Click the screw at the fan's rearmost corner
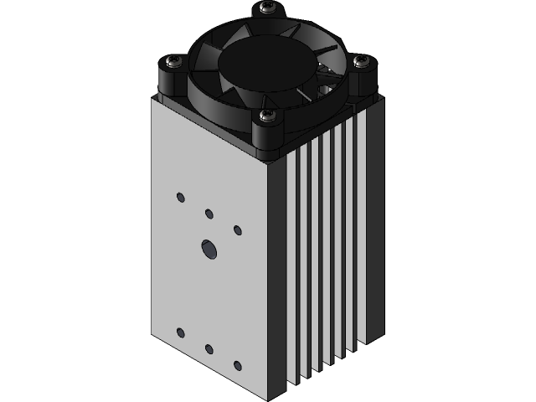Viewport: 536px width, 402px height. pos(267,8)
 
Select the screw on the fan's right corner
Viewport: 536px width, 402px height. pos(362,61)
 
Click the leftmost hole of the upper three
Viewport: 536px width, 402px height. pos(180,198)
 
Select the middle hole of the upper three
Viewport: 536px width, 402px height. pos(209,214)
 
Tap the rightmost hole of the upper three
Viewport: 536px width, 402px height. pos(238,229)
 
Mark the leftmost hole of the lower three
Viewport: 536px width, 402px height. pos(180,332)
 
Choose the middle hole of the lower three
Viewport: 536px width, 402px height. pos(209,348)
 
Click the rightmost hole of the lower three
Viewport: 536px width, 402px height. pos(238,364)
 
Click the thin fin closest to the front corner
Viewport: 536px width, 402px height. pos(294,268)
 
